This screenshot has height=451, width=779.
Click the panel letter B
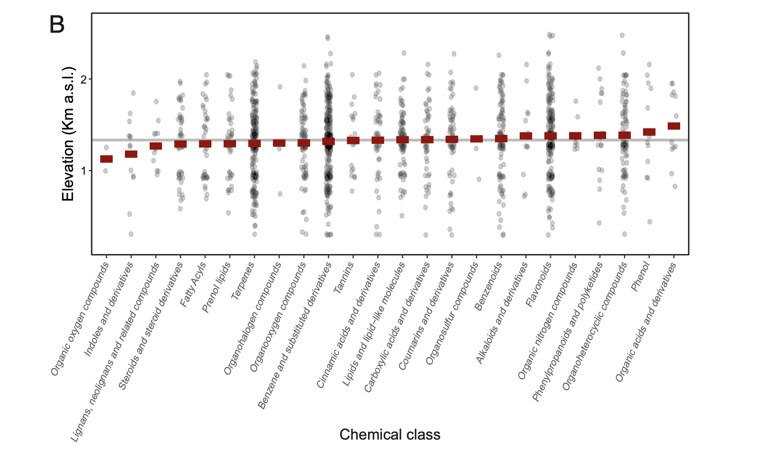(57, 25)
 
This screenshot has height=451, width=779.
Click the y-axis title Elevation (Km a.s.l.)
(68, 134)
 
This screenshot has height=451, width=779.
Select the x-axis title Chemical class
(389, 434)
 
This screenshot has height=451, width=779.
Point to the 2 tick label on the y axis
(84, 79)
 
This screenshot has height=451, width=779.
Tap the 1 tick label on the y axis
(84, 170)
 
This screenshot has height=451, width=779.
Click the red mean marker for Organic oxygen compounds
(106, 159)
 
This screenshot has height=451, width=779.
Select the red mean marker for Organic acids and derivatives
(674, 126)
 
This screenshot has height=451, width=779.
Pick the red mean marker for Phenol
(649, 132)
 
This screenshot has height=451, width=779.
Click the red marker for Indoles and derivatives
(131, 154)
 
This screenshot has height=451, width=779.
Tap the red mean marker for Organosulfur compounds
(476, 139)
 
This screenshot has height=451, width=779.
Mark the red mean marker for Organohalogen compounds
(279, 142)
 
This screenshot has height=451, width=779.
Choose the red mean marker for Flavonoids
(550, 136)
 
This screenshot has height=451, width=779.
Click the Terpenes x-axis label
(243, 281)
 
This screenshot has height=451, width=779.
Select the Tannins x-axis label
(344, 279)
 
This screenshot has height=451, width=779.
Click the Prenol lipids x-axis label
(217, 288)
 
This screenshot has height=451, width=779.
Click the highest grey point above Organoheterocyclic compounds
(622, 35)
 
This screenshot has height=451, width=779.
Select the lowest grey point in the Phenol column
(650, 222)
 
